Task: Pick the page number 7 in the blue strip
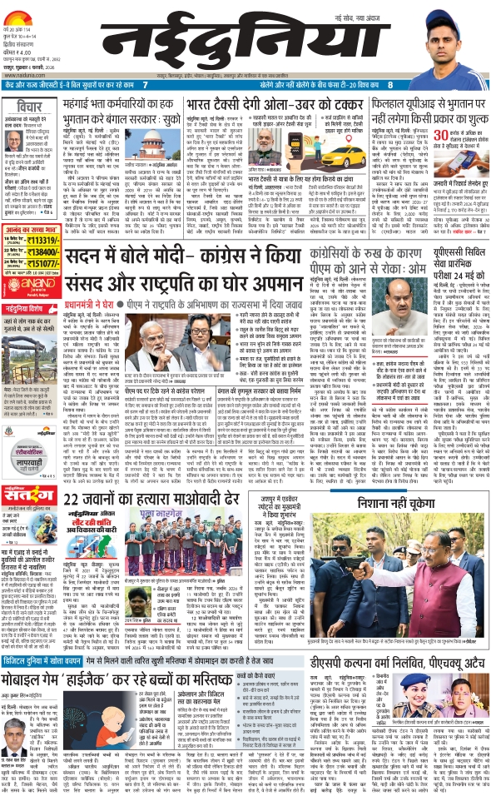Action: click(146, 86)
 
